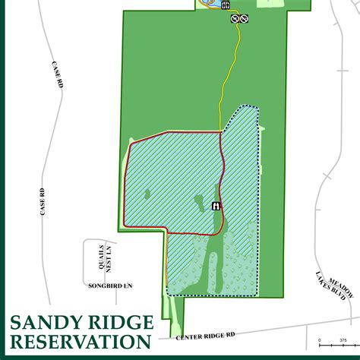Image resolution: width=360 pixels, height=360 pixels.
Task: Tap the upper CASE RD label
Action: (x=58, y=74)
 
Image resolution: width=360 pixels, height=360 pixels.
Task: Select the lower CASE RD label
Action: (x=43, y=201)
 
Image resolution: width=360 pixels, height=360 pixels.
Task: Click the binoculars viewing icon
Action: (x=216, y=205)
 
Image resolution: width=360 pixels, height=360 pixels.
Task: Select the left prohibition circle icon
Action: (x=235, y=18)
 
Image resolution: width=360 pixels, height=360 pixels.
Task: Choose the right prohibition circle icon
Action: (x=245, y=18)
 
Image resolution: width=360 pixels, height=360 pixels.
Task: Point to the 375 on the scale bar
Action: (x=343, y=339)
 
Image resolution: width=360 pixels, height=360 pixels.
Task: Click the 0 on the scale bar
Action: (x=320, y=339)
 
